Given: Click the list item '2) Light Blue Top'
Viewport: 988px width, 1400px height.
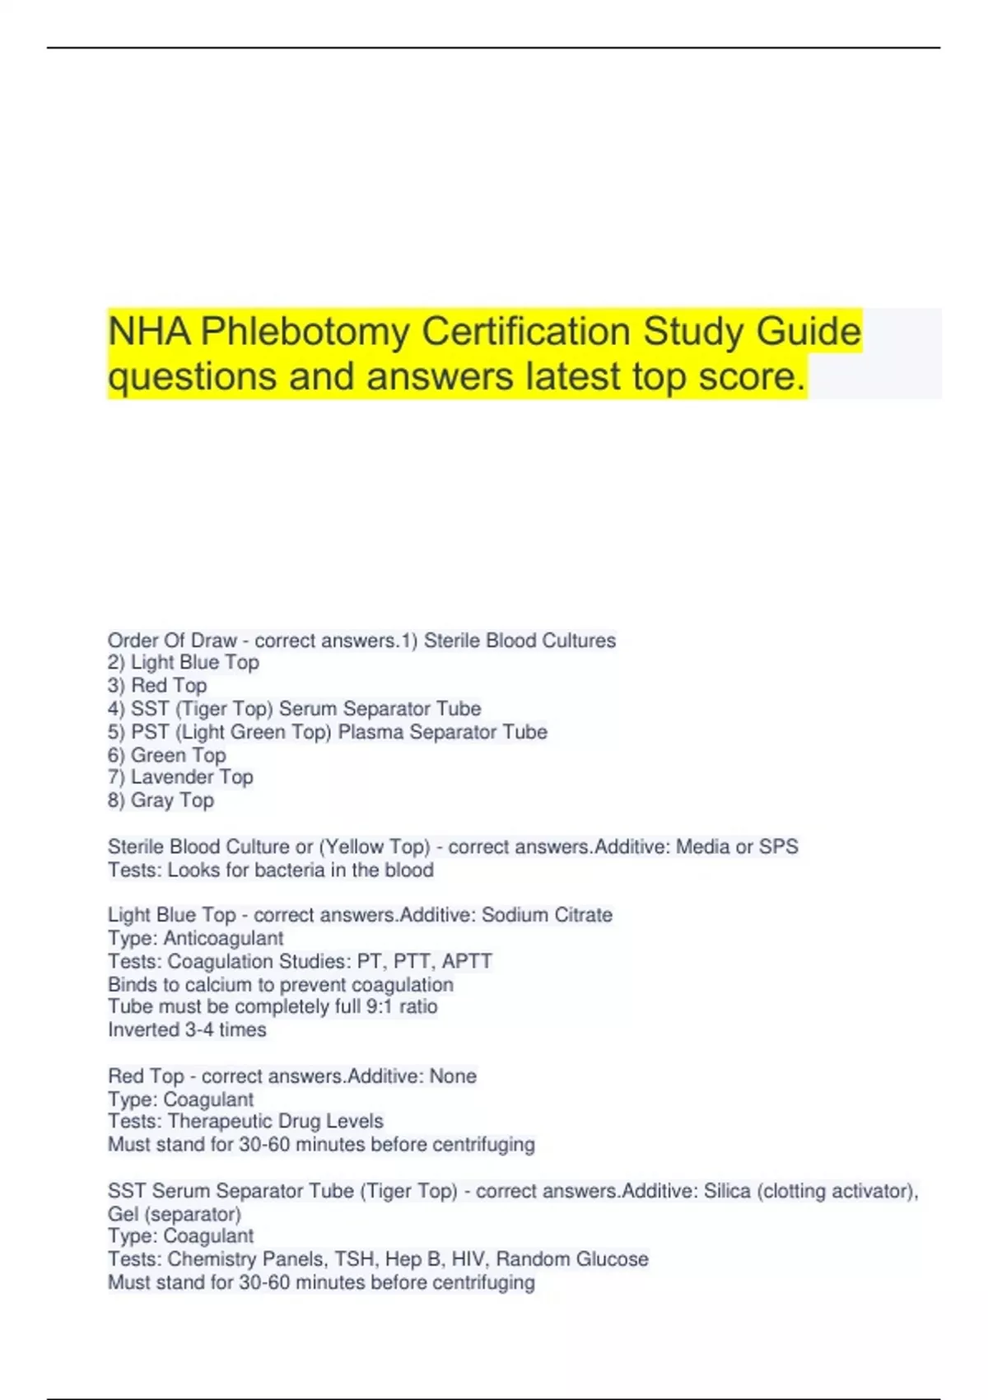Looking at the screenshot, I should pyautogui.click(x=184, y=662).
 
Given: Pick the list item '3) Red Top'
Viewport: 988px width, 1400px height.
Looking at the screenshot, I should pyautogui.click(x=157, y=685).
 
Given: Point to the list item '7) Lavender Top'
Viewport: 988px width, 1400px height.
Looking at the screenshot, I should pyautogui.click(x=180, y=777).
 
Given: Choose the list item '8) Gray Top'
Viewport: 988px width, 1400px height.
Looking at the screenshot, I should pyautogui.click(x=161, y=800).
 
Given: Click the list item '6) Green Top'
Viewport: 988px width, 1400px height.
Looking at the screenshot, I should pyautogui.click(x=166, y=754).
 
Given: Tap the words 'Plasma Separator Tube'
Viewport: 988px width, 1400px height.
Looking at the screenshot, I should pyautogui.click(x=442, y=731).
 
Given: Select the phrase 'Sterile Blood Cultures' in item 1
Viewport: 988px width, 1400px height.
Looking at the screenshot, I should pyautogui.click(x=520, y=640).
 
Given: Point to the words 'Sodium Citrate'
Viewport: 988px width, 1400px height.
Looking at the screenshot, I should pyautogui.click(x=547, y=915).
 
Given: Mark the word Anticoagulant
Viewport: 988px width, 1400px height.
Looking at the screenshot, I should pyautogui.click(x=223, y=938).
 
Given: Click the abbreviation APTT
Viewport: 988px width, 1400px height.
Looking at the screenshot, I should pyautogui.click(x=466, y=961).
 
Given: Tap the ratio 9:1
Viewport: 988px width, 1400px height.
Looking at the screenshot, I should pyautogui.click(x=380, y=1006).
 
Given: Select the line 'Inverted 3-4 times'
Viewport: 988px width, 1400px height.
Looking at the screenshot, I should pyautogui.click(x=187, y=1029).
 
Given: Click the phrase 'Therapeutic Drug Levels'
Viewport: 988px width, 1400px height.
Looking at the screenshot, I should pyautogui.click(x=276, y=1121).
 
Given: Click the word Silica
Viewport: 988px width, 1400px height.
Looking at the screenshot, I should pyautogui.click(x=727, y=1191).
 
